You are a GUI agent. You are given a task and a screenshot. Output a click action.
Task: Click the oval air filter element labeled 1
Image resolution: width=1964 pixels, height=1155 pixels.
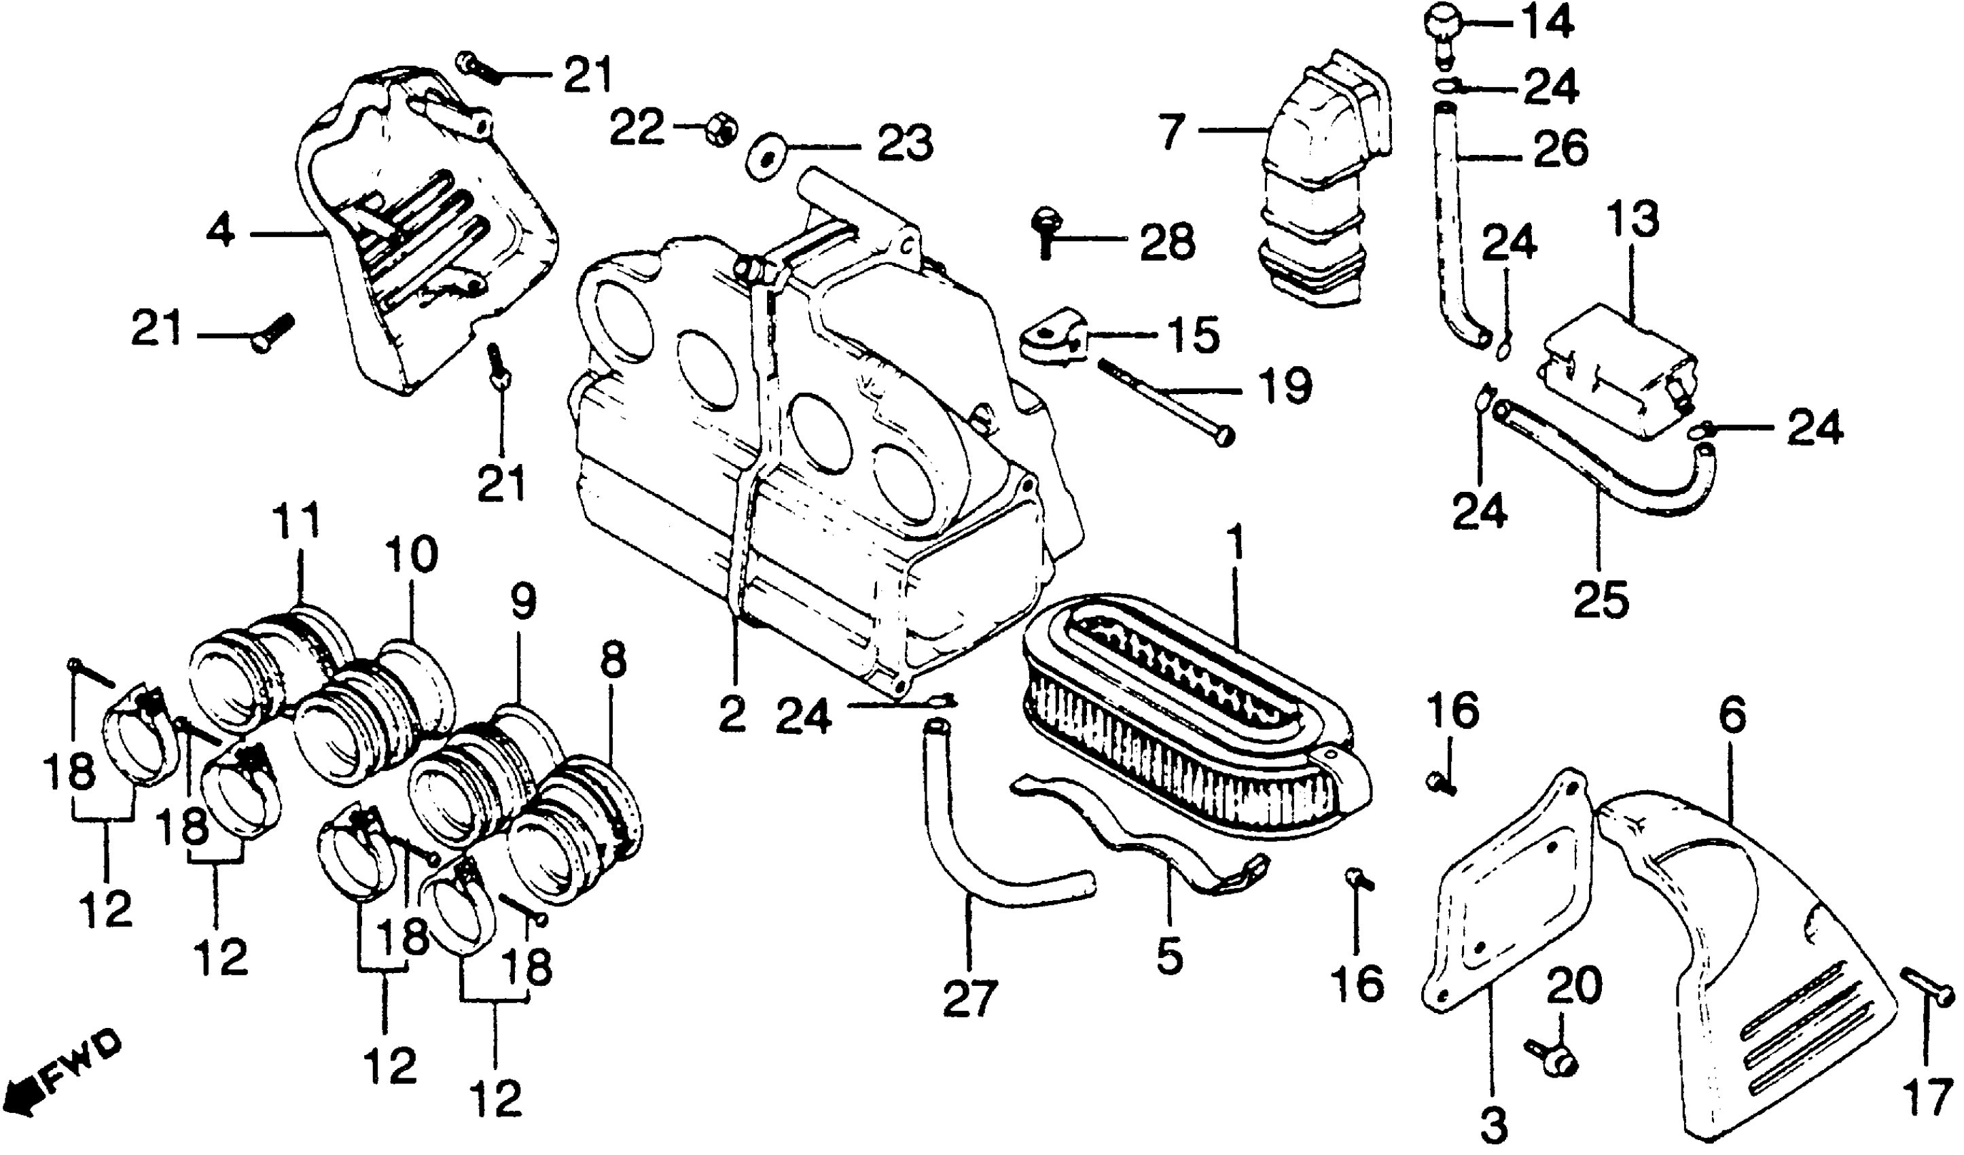(x=1192, y=732)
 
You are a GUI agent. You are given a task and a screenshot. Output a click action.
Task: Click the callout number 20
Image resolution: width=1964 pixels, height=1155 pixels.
(x=1574, y=986)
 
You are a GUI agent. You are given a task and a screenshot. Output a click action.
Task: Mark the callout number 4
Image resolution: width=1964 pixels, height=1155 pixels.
(x=221, y=232)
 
